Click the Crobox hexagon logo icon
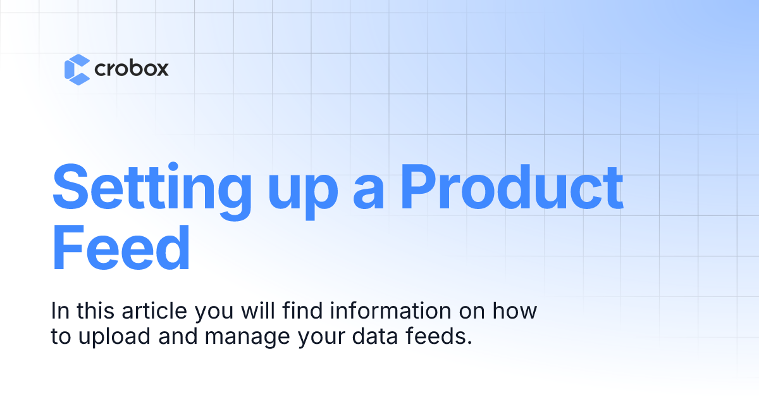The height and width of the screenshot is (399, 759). [77, 69]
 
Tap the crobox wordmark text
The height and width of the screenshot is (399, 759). [131, 68]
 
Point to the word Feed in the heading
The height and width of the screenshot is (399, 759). [121, 246]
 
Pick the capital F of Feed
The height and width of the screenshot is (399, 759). [68, 246]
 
